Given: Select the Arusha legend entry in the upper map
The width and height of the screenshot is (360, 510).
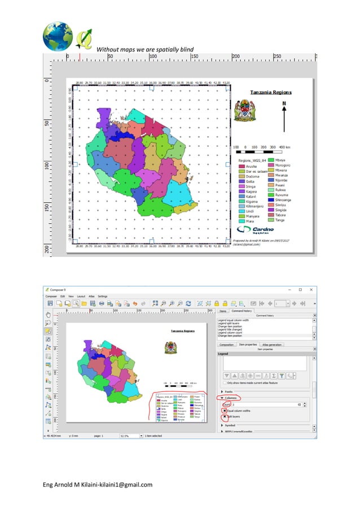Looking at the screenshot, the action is click(251, 167).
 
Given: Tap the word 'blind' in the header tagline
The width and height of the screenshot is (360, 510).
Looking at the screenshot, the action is click(185, 50).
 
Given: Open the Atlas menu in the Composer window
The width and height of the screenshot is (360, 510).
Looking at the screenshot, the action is click(89, 296).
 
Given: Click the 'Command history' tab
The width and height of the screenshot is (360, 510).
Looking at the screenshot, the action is click(242, 310).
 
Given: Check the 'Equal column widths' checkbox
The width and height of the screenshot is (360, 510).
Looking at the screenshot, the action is click(224, 410).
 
